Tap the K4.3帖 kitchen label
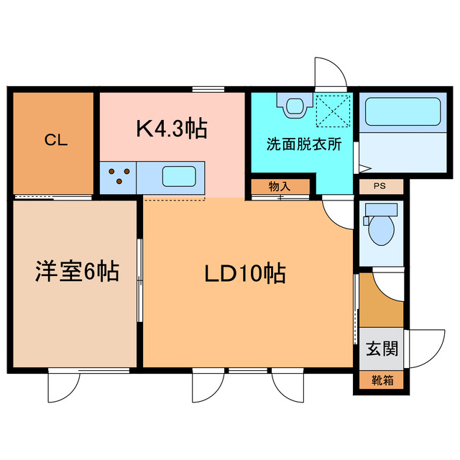click(x=172, y=129)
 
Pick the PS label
click(x=379, y=185)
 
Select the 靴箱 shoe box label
click(x=379, y=381)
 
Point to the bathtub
click(x=400, y=112)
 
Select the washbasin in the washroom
click(x=295, y=106)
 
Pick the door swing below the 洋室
click(x=63, y=388)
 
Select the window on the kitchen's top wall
click(x=205, y=89)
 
